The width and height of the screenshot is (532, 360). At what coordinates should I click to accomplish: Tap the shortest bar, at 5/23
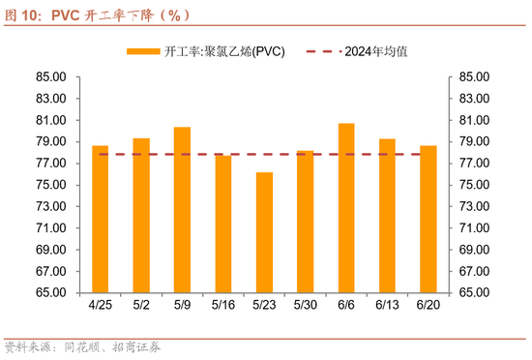pos(264,233)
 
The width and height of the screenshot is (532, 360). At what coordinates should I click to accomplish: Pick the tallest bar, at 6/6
pos(345,208)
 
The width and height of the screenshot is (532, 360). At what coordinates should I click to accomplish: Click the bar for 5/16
pos(223,224)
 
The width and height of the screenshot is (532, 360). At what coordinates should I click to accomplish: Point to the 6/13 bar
pos(387,216)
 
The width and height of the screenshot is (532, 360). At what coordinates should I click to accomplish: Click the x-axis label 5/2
pos(141,306)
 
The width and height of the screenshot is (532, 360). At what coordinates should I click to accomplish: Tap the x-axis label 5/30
pos(305,306)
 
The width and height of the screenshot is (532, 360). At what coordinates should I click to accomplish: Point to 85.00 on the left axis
pos(49,77)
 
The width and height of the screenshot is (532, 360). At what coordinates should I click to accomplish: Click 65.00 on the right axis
pos(481,293)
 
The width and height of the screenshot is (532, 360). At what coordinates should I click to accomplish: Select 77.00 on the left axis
pos(49,164)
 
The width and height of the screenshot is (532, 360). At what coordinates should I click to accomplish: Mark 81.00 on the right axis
pos(481,121)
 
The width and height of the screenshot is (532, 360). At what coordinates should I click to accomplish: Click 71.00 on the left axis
pos(49,228)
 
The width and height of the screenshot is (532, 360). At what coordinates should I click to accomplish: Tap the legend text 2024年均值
pos(375,51)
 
